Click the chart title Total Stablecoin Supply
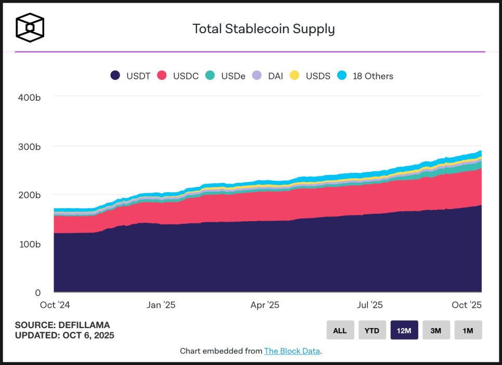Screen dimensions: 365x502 pos(263,29)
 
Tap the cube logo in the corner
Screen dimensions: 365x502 pos(30,27)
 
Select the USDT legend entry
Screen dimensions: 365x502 pos(130,76)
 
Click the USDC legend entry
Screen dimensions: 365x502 pos(178,76)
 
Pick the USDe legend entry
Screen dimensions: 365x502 pos(225,76)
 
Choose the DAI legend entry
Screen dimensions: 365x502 pos(268,76)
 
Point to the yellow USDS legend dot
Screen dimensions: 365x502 pos(295,76)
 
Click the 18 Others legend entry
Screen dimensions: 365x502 pos(365,76)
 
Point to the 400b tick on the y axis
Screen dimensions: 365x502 pos(29,97)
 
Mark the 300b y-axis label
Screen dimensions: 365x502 pos(29,146)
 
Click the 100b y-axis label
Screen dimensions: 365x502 pos(29,244)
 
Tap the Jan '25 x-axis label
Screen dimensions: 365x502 pos(161,305)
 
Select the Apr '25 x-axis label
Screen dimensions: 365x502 pos(265,305)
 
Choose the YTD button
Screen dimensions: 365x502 pos(372,330)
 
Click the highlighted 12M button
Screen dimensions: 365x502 pos(404,330)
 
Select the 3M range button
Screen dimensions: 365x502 pos(436,330)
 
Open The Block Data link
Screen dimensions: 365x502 pos(292,351)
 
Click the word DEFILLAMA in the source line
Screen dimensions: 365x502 pos(84,325)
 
